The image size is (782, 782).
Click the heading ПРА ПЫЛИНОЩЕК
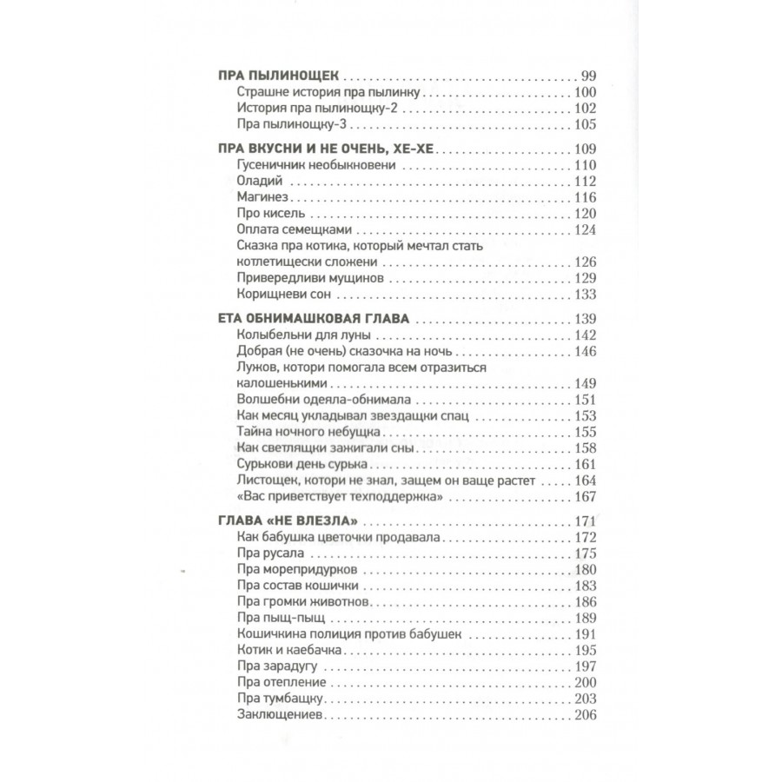click(269, 76)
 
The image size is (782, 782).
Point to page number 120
click(580, 214)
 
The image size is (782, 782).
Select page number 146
click(580, 351)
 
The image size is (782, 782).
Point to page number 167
click(580, 496)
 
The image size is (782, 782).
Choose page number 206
click(580, 715)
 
